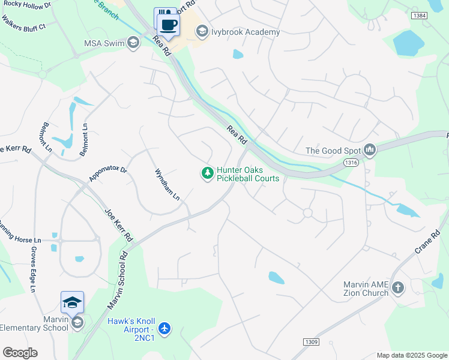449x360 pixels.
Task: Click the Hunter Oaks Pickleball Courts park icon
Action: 207,173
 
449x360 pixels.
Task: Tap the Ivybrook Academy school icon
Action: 202,31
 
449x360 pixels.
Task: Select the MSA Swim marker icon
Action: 133,43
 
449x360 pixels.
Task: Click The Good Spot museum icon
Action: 369,150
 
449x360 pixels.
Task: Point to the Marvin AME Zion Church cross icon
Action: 397,289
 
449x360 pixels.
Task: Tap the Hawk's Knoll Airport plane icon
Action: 165,328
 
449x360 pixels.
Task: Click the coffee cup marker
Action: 169,25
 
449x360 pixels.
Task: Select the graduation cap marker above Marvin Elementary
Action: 72,302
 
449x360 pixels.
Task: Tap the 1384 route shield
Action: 420,15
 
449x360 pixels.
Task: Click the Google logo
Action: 20,353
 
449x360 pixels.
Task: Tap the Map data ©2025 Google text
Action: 411,355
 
